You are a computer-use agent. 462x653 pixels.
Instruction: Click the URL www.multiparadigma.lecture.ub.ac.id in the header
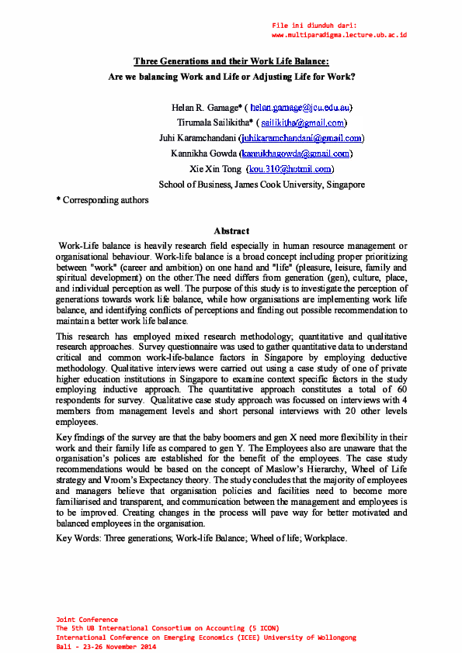tap(339, 36)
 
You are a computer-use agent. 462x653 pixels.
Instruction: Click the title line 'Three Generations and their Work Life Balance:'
tap(231, 60)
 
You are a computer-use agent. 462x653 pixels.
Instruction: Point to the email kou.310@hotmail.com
tap(290, 169)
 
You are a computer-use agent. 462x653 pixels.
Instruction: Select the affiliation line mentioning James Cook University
tap(262, 185)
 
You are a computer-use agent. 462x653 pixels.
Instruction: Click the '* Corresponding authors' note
tap(102, 200)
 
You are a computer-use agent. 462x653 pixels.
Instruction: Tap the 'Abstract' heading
tap(231, 231)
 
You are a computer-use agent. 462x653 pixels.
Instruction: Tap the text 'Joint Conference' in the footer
tap(87, 620)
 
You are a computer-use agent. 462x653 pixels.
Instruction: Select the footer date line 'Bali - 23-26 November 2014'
tap(106, 646)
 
